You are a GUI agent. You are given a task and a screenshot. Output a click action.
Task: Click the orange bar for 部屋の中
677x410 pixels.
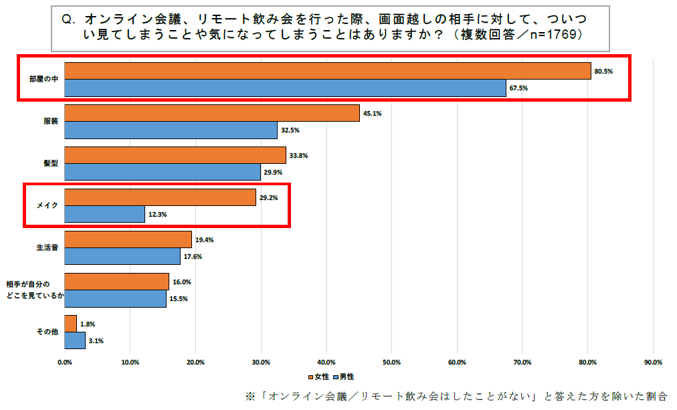point(328,71)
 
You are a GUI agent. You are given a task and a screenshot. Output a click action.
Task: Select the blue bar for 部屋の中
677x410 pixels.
point(285,88)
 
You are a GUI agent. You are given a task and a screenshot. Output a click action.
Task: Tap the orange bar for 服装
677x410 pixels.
point(212,113)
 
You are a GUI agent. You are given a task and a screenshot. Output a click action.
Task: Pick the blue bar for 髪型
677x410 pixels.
point(163,172)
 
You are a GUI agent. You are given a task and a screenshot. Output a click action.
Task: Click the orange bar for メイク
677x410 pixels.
point(160,197)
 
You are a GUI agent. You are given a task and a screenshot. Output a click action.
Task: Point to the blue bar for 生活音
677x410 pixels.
point(122,256)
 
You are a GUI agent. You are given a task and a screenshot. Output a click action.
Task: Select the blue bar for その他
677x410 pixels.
point(75,340)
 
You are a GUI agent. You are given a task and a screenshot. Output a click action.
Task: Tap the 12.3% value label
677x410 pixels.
point(158,215)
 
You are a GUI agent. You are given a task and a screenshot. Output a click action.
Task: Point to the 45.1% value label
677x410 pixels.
point(372,113)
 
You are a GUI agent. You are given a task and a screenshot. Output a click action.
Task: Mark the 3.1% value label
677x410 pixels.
point(96,341)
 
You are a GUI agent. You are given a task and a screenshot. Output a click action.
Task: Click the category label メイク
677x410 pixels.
point(49,206)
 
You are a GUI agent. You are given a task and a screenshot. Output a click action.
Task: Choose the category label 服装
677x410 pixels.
point(51,122)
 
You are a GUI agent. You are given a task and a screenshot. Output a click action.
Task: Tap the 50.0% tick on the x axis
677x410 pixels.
point(391,362)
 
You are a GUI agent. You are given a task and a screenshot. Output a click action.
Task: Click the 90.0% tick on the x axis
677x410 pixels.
point(652,362)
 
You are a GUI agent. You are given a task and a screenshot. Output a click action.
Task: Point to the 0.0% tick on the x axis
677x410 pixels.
point(65,362)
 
